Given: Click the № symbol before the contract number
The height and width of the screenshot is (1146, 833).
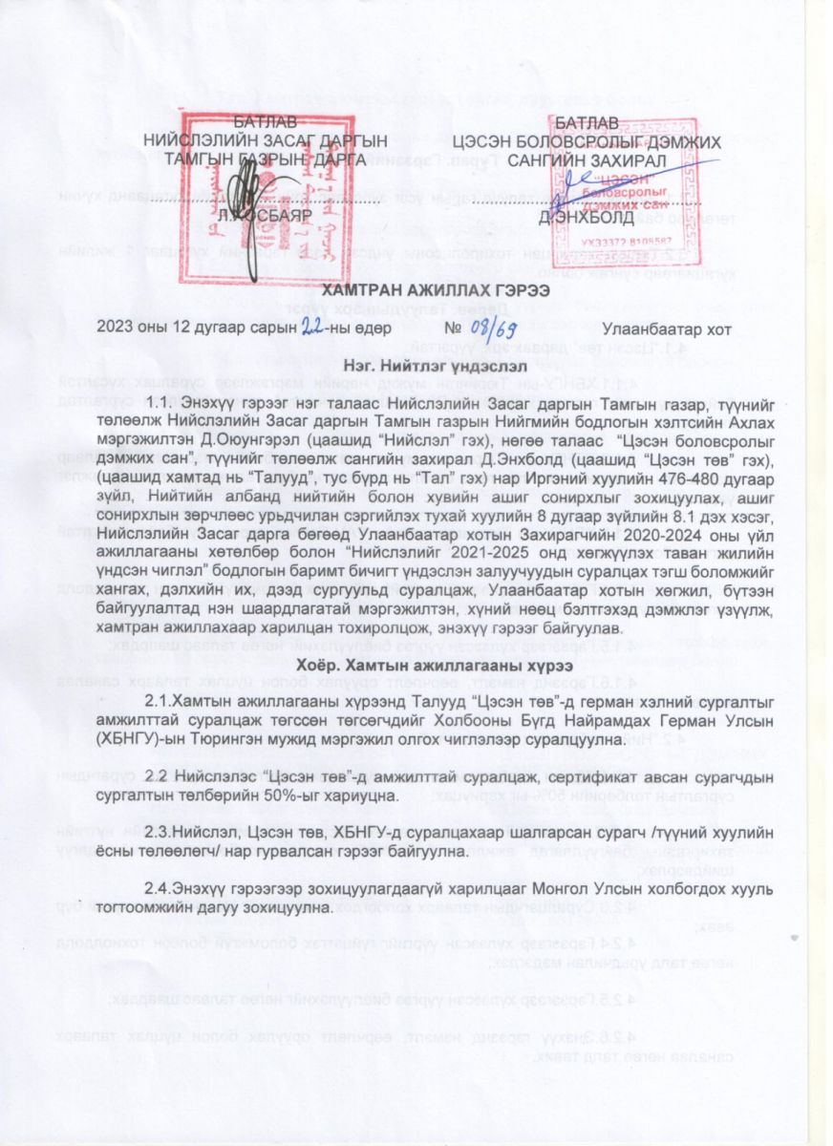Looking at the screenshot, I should (462, 329).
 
